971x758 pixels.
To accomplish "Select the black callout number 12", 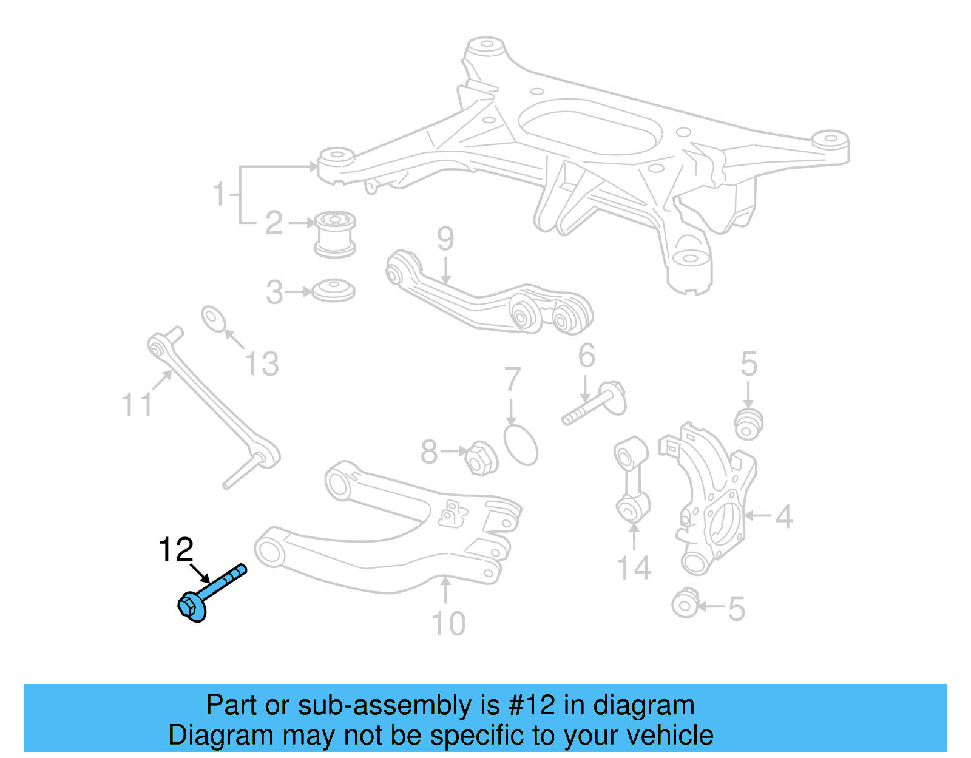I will [175, 550].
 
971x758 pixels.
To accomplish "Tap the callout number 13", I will [262, 365].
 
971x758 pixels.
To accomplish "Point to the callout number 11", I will [137, 405].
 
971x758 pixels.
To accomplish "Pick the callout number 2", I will [274, 223].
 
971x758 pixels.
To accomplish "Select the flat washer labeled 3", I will [333, 291].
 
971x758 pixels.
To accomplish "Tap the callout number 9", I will [445, 239].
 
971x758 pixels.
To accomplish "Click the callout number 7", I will [513, 379].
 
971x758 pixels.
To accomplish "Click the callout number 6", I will [587, 356].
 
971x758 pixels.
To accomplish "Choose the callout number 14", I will [634, 568].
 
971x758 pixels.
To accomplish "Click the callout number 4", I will [784, 516].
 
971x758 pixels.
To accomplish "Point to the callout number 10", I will [448, 624].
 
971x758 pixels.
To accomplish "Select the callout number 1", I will [219, 194].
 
